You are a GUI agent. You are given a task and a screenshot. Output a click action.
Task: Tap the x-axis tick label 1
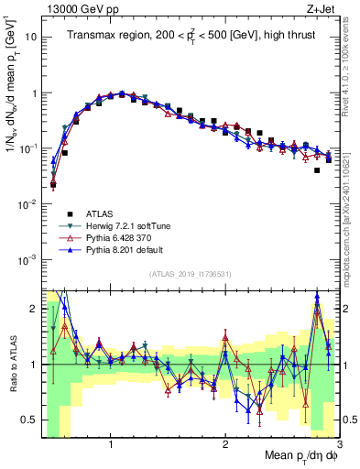tap(111, 442)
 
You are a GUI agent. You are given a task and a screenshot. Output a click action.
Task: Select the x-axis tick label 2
tap(225, 442)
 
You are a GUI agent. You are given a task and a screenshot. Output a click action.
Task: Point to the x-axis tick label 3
tap(338, 442)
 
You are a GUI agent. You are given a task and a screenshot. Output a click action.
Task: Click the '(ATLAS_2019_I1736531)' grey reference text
tap(190, 275)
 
